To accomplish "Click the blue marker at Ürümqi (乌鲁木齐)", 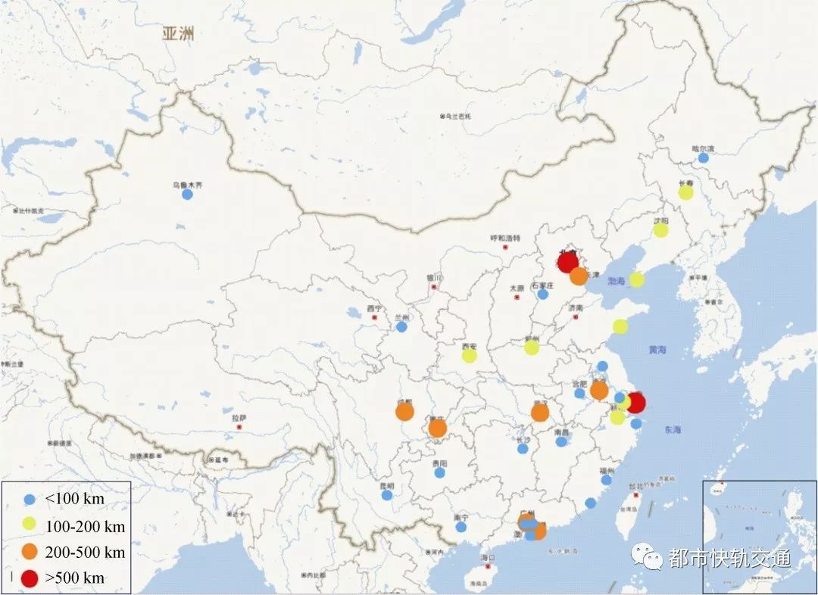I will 187,195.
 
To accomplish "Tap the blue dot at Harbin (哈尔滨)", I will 704,158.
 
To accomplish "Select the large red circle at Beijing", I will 567,263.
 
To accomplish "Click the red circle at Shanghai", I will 635,403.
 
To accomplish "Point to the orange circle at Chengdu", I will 404,412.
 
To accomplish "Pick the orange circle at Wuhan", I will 540,413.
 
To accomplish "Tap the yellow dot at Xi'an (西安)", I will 470,355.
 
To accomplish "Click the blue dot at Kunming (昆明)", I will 387,495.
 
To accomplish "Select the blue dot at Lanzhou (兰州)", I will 401,327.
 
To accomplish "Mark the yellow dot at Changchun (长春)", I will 685,192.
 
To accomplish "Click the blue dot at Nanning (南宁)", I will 461,527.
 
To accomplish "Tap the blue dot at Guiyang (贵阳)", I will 439,472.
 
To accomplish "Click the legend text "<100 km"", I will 74,500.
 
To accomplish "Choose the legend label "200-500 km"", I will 85,552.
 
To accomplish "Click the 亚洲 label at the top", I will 179,33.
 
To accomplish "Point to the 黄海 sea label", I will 657,350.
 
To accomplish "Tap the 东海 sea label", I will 673,430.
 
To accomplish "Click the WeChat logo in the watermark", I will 649,559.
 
